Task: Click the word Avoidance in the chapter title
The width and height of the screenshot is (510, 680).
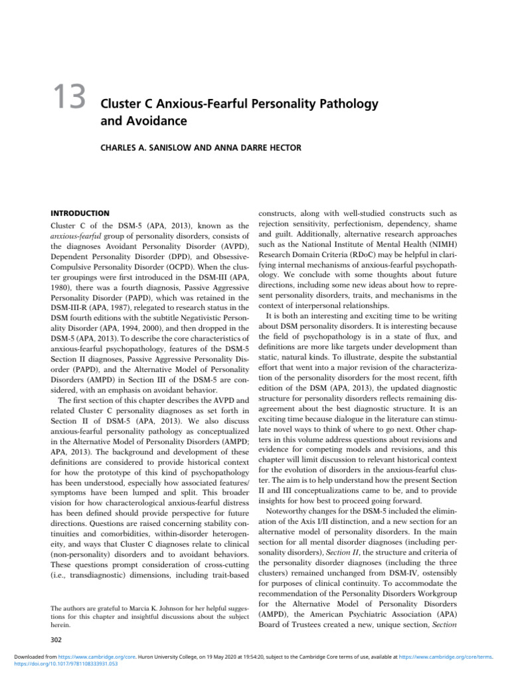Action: pos(144,122)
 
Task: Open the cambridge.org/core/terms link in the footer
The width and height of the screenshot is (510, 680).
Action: pos(444,663)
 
